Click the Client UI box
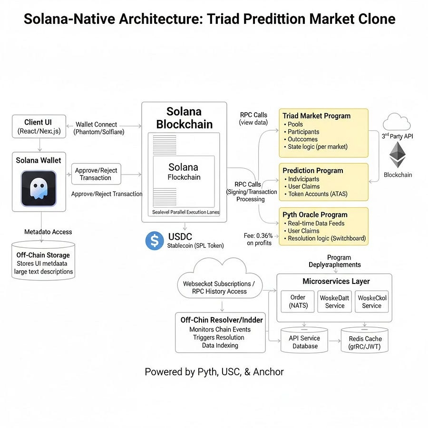coord(39,126)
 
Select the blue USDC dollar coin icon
coord(155,241)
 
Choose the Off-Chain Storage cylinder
coord(43,261)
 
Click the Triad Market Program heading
coord(316,116)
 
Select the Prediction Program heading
coord(312,170)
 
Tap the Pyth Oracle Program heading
coord(315,214)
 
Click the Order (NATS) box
coord(298,302)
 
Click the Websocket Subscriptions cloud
coord(219,286)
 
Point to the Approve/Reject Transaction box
coord(96,174)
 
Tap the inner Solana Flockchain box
coord(184,172)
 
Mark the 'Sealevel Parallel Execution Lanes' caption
coord(185,212)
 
